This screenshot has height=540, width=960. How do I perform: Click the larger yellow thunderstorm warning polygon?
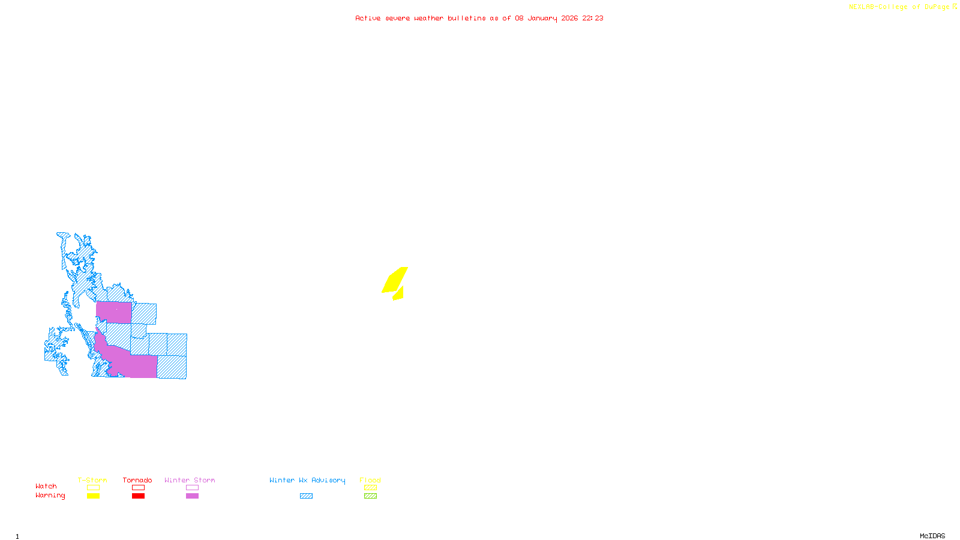(395, 280)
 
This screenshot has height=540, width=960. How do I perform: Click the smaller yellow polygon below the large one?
(398, 294)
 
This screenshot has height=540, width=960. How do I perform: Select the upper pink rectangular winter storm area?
(113, 313)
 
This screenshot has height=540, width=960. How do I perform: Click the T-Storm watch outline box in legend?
(93, 488)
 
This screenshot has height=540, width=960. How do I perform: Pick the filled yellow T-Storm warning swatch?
(93, 496)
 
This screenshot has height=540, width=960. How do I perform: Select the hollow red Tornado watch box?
(138, 488)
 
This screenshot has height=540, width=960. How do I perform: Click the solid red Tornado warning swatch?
(138, 496)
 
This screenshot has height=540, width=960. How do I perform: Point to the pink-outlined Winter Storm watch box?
(192, 488)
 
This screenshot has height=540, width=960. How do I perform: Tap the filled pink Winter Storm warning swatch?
(192, 496)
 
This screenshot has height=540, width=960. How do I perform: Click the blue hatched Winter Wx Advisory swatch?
(306, 496)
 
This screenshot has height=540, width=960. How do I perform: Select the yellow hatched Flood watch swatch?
(370, 488)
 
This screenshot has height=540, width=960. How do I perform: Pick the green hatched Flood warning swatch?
(370, 496)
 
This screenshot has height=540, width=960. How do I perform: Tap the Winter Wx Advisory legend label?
(307, 480)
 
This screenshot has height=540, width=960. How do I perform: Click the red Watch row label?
(46, 487)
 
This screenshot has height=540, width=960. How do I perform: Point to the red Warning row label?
(50, 496)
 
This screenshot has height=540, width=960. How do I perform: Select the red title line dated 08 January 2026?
(479, 19)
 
